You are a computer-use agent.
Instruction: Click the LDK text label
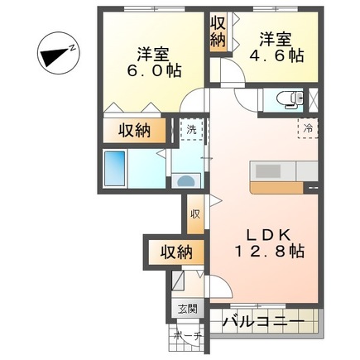(263, 233)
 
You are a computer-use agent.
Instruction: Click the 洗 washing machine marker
(192, 129)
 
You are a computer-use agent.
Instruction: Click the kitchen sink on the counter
(270, 170)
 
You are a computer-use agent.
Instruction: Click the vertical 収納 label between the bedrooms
(218, 31)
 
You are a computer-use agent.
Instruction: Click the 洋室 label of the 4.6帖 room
(274, 38)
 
